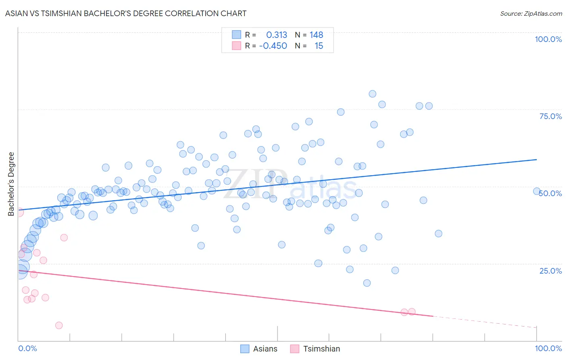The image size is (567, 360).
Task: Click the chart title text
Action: click(126, 13)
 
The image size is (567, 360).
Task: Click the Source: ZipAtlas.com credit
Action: click(531, 13)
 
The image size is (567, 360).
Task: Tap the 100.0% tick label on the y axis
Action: click(548, 39)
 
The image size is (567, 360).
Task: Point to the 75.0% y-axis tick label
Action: click(550, 116)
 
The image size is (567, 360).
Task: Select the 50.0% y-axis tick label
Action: click(550, 193)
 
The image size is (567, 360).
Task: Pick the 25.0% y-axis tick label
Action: click(550, 271)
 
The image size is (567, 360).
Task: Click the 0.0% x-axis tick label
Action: click(27, 348)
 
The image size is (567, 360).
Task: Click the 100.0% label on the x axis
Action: click(548, 348)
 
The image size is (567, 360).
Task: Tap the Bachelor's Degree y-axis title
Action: click(11, 184)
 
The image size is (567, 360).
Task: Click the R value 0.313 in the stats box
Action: click(277, 35)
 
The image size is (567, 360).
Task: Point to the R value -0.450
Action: click(273, 46)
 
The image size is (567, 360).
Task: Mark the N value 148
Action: click(316, 35)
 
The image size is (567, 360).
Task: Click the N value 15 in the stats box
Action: click(319, 46)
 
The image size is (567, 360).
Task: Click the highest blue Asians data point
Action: click(372, 94)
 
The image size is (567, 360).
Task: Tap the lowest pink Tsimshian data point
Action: click(59, 325)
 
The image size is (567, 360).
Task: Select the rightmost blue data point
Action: click(537, 191)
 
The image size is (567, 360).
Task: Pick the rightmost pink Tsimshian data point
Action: click(412, 312)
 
